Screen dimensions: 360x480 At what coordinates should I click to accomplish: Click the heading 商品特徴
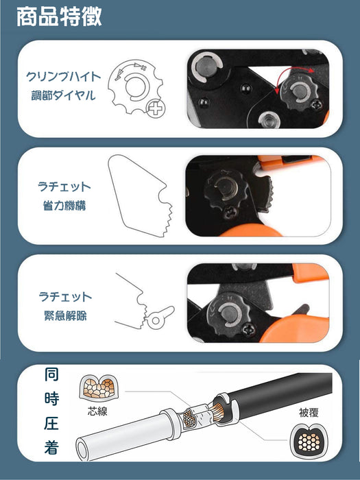(x=59, y=16)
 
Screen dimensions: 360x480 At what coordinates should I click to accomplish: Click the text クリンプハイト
(x=63, y=77)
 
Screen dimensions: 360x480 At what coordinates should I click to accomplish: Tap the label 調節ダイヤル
(x=63, y=95)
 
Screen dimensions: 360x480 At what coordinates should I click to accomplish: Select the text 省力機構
(x=64, y=206)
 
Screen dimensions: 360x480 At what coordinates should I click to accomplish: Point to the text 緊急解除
(x=65, y=315)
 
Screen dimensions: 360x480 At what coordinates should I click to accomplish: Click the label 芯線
(x=97, y=411)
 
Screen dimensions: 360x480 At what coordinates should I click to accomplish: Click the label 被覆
(x=309, y=412)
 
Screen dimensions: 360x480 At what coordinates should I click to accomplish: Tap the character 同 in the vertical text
(x=51, y=374)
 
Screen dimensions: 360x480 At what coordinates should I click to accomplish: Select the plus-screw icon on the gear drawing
(x=156, y=108)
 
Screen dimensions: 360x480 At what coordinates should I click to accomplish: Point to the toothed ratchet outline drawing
(x=140, y=195)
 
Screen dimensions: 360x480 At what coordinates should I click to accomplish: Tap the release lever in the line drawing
(x=160, y=317)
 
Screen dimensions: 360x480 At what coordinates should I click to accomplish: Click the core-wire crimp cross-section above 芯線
(x=99, y=387)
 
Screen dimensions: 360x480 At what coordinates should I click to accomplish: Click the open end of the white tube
(x=82, y=449)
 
